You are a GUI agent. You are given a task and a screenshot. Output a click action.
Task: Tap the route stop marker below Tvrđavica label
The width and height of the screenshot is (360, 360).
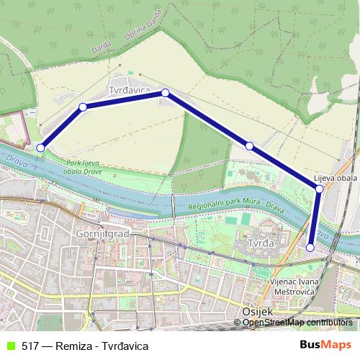tap(165, 93)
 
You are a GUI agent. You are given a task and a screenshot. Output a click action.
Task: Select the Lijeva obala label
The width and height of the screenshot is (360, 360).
tap(336, 178)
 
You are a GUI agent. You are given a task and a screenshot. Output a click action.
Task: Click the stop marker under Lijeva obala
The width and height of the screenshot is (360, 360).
tap(319, 189)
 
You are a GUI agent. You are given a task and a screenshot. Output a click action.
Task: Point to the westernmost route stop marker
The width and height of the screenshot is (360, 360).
tap(40, 148)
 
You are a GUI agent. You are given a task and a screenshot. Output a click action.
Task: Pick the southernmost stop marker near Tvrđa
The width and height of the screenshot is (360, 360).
tap(310, 247)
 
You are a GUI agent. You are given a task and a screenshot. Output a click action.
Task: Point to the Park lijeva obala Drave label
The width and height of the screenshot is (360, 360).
tap(80, 168)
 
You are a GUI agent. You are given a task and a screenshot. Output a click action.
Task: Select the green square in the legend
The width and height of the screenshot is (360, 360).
tap(9, 346)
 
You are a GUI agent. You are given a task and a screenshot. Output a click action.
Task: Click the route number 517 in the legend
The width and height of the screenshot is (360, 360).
tap(31, 346)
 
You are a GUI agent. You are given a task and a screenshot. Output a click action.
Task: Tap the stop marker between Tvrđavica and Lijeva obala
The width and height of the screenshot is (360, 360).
tap(249, 146)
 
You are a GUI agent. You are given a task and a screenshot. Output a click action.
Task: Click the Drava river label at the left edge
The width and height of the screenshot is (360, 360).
tap(11, 158)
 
